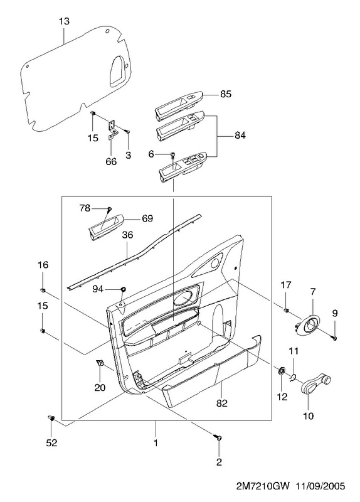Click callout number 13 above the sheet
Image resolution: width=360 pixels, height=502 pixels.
pos(64,22)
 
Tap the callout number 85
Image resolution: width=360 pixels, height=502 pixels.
pos(226,95)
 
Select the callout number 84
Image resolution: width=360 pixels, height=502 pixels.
pos(240,136)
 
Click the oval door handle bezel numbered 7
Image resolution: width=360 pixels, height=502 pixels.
pos(309,326)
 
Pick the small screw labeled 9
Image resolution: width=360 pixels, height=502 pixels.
pos(334,338)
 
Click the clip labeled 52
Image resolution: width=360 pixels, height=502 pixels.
pos(51,418)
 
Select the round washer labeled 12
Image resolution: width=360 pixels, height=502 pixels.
pos(282,371)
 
